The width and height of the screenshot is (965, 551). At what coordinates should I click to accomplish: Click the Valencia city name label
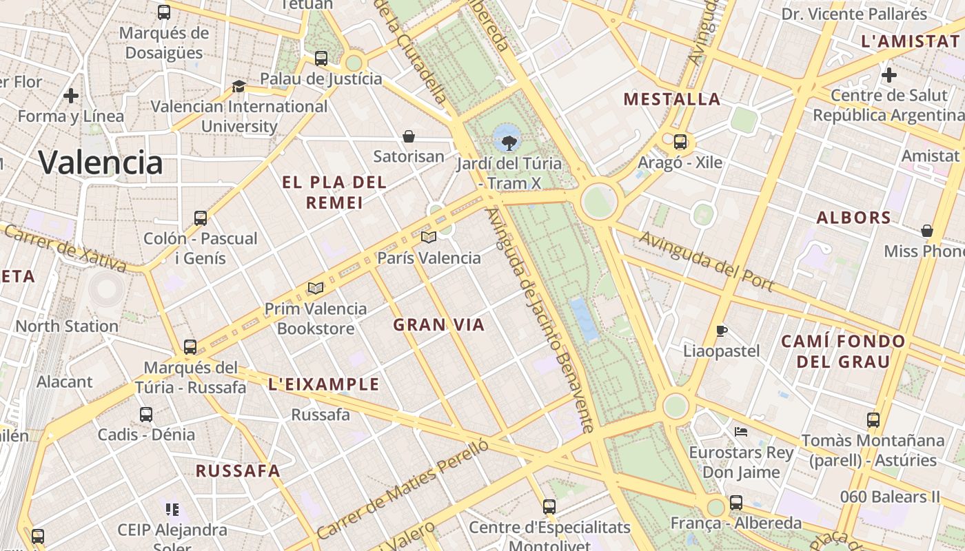[x=101, y=163]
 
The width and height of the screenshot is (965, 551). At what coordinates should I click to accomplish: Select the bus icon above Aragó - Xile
[x=680, y=142]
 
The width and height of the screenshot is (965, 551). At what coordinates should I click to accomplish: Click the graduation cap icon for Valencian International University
[x=238, y=86]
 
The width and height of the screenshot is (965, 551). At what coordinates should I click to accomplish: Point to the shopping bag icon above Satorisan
[x=409, y=136]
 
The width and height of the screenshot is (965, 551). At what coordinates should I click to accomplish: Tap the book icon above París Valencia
[x=429, y=238]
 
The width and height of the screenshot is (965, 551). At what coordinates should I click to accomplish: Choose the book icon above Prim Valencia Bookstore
[x=316, y=288]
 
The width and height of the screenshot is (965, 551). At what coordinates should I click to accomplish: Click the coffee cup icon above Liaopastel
[x=721, y=331]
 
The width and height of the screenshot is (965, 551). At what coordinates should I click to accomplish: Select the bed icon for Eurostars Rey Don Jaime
[x=741, y=432]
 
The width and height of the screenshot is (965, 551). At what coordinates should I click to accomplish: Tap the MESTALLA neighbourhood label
[x=672, y=99]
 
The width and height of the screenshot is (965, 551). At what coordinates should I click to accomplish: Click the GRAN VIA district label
[x=439, y=325]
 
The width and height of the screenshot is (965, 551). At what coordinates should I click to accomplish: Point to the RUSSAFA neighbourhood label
[x=238, y=471]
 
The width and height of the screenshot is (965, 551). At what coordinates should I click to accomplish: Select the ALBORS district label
[x=854, y=218]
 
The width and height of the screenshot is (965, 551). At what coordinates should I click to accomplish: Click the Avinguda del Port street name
[x=707, y=262]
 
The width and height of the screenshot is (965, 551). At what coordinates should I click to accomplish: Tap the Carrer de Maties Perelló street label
[x=403, y=488]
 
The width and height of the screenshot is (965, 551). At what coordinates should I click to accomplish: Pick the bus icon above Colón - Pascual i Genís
[x=201, y=218]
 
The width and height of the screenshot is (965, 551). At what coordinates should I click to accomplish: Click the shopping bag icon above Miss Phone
[x=927, y=231]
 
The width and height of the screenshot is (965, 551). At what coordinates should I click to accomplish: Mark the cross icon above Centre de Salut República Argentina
[x=889, y=74]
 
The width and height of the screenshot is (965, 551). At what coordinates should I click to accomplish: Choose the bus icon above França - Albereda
[x=736, y=503]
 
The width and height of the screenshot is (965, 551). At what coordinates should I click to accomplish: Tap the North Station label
[x=67, y=326]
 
